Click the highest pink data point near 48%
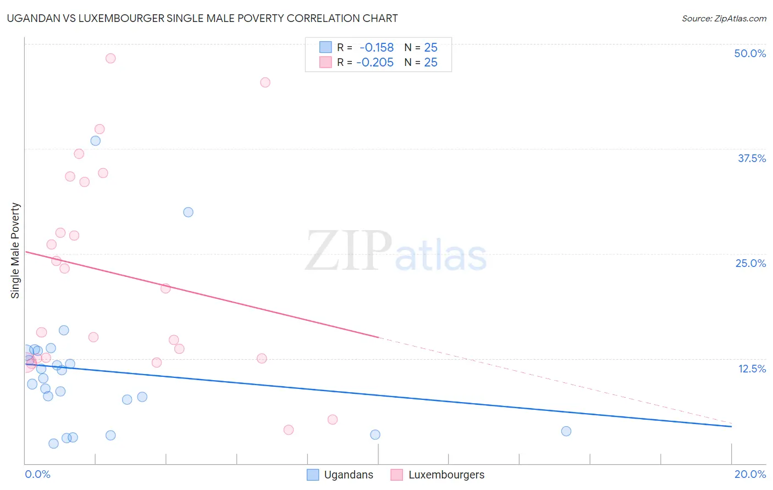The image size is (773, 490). click(111, 58)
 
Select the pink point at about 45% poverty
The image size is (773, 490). click(265, 82)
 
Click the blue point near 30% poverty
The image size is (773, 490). click(188, 212)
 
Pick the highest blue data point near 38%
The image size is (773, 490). click(96, 141)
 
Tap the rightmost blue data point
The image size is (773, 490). click(566, 431)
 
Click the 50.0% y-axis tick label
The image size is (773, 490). click(750, 53)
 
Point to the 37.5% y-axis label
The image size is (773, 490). click(752, 158)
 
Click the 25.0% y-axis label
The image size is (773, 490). click(750, 263)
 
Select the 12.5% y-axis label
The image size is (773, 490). click(752, 369)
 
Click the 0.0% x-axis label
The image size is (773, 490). click(37, 474)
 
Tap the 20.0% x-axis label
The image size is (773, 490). click(750, 474)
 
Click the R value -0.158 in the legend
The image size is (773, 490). click(377, 48)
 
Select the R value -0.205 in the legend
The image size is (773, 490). click(375, 63)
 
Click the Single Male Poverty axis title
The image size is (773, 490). click(15, 250)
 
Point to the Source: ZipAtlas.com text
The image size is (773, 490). click(724, 19)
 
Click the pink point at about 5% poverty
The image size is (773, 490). click(332, 420)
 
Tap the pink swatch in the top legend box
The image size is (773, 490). click(325, 63)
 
